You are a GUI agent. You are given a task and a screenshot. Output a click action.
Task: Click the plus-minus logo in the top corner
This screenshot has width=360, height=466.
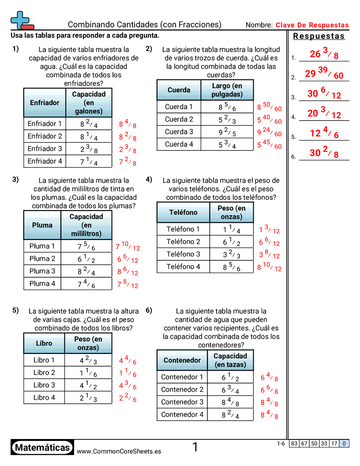(x=22, y=20)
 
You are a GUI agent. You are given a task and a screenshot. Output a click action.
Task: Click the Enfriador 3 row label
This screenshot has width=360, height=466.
(x=45, y=149)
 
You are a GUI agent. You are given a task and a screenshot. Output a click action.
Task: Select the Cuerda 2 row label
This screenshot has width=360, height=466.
(x=179, y=119)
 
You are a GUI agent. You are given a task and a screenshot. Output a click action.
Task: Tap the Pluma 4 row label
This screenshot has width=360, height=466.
(x=42, y=284)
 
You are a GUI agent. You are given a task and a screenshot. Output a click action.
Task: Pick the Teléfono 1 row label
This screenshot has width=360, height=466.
(x=183, y=229)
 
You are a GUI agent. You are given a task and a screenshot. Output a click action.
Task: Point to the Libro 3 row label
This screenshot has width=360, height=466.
(x=44, y=385)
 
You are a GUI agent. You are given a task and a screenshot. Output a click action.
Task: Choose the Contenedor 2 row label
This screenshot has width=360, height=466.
(x=182, y=389)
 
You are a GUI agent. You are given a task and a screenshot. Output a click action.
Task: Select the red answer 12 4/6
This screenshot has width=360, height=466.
(x=324, y=134)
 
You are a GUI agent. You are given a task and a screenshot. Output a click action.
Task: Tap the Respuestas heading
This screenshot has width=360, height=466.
(x=319, y=36)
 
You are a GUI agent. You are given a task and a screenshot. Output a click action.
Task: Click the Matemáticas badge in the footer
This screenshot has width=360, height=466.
(x=42, y=448)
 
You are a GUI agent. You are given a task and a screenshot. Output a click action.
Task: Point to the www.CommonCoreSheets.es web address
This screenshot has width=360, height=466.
(x=119, y=451)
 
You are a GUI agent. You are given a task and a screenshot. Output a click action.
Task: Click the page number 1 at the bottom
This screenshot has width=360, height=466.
(x=195, y=447)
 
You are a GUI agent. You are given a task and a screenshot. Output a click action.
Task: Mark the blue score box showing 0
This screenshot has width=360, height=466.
(x=344, y=444)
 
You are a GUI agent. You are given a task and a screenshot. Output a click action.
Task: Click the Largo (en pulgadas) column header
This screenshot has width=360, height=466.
(x=227, y=90)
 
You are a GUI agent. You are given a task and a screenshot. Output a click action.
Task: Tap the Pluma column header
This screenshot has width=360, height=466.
(x=42, y=225)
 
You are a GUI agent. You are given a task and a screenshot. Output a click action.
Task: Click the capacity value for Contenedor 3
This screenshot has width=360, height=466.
(x=231, y=402)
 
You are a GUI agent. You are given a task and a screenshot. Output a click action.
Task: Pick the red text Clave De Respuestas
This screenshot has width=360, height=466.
(x=312, y=25)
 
